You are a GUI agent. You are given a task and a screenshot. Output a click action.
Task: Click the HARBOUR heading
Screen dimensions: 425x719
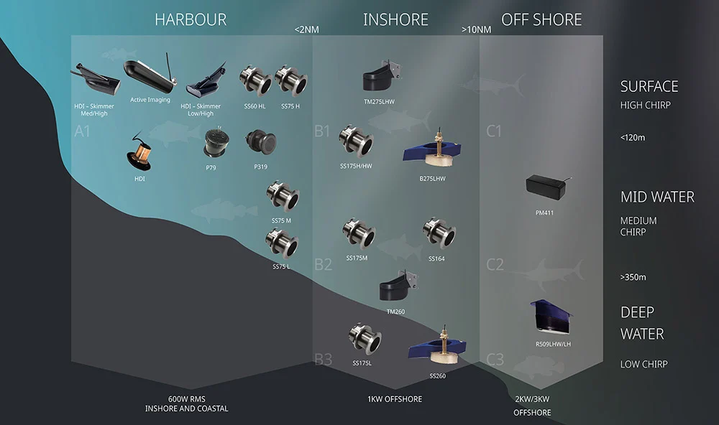191,19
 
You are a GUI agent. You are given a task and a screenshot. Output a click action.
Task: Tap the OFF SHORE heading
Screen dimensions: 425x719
541,19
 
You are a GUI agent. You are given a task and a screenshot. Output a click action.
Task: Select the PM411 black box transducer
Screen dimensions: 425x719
547,187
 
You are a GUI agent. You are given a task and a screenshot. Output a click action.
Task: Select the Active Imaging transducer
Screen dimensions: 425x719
150,76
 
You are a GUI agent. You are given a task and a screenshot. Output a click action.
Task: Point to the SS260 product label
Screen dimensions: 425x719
438,375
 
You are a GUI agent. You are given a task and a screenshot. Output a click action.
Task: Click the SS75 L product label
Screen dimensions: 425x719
281,266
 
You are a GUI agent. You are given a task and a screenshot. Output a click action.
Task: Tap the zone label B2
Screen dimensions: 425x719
323,264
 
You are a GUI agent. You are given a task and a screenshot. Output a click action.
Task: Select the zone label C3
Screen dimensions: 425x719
495,359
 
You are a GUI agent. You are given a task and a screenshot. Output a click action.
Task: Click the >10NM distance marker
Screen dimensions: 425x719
476,30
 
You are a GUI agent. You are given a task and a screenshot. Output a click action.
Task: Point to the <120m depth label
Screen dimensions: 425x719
633,137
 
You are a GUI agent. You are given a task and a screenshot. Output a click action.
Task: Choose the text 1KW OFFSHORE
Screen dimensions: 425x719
395,399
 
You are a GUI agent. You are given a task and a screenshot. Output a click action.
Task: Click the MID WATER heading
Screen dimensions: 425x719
657,197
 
